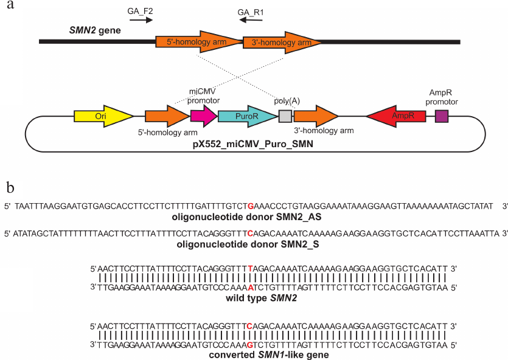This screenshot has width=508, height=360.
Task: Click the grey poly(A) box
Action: coord(285,116)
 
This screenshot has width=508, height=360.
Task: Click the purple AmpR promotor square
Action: coord(442,116)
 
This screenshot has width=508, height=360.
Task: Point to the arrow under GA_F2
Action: coord(141,20)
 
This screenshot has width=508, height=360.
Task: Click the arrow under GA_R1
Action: coord(251,20)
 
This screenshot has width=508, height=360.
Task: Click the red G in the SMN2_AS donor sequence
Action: coord(250,206)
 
